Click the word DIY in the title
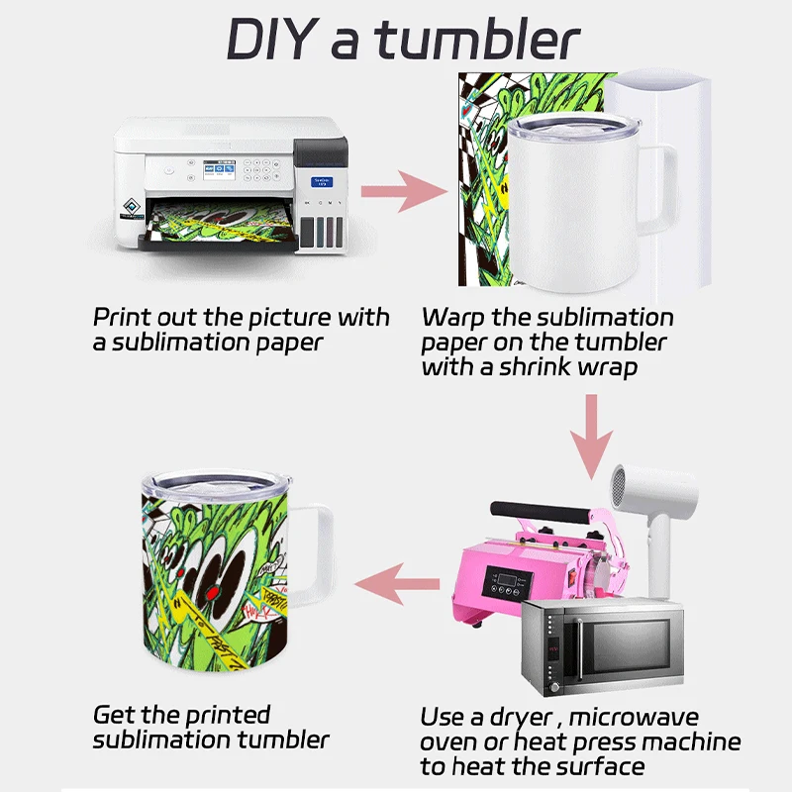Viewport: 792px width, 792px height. (x=270, y=40)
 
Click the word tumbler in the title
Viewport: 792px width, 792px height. (x=479, y=40)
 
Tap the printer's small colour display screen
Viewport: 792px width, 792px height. (x=219, y=169)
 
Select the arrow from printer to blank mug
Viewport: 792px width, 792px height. (x=404, y=191)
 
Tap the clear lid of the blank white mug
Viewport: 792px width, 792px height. (x=573, y=127)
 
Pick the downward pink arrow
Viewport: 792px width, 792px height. (x=591, y=437)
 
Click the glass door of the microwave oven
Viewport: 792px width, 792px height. (x=626, y=647)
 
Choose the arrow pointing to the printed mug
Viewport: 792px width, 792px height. (x=397, y=584)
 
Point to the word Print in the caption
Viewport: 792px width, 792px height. (x=121, y=318)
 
